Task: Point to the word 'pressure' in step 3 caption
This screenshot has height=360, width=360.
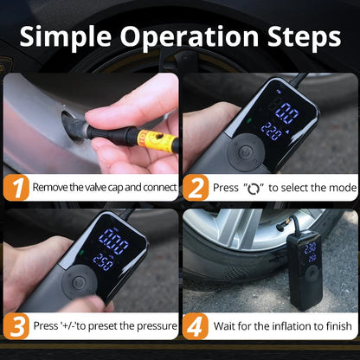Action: pyautogui.click(x=152, y=326)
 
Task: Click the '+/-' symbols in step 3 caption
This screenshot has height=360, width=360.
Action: pyautogui.click(x=72, y=326)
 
